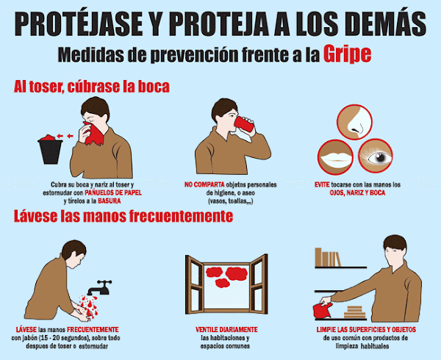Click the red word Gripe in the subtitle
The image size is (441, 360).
coord(347,54)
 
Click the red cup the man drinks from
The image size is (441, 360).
coord(243,124)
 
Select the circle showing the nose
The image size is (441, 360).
coord(355,122)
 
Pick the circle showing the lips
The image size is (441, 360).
coord(335,157)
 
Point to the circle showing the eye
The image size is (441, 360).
coord(376,156)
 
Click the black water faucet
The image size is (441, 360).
coord(101,287)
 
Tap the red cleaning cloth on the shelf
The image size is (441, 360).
coord(323,311)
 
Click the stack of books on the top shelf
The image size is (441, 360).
coord(328,257)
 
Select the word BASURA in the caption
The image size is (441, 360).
coord(109,201)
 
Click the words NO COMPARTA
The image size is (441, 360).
coord(204,184)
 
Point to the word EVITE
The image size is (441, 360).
coord(322,184)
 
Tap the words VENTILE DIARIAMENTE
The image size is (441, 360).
coord(226,329)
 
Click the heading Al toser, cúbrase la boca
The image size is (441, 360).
coord(92,87)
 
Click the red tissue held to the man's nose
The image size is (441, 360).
coord(94,134)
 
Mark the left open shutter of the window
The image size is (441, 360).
coord(194,284)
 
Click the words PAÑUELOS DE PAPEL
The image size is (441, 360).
coord(113,192)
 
